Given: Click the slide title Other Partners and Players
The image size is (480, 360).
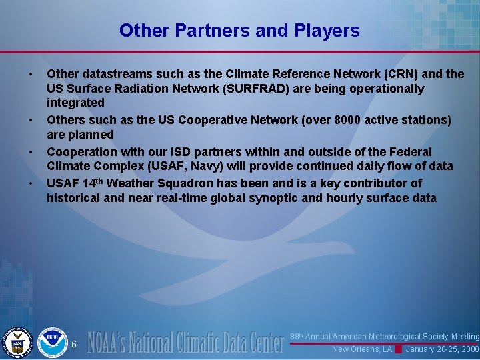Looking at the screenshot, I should (239, 31).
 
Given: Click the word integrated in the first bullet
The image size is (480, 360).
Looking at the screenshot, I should (75, 103).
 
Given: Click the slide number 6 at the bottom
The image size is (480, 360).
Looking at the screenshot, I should (74, 344).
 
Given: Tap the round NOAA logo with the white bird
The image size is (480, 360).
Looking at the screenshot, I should (52, 342).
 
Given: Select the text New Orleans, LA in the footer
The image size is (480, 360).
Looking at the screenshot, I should (362, 349).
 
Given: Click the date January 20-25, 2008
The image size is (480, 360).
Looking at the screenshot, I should (442, 349).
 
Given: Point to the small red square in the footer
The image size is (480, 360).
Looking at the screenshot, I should (398, 349).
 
